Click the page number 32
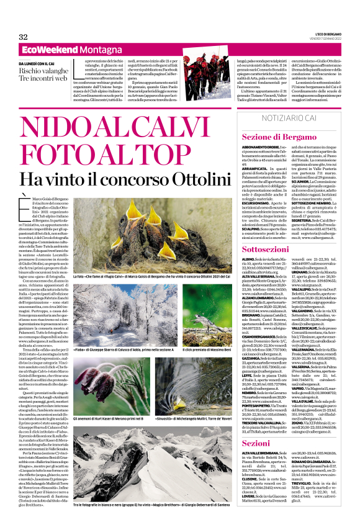tap(24, 37)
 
